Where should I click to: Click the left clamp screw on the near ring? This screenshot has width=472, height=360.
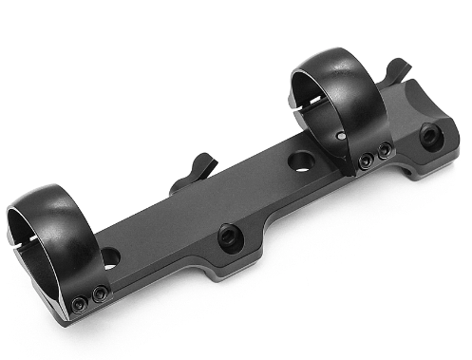(x=81, y=302)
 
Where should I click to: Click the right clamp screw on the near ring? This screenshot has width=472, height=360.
(x=99, y=294)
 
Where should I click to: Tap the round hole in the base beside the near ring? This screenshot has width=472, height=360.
(x=111, y=256)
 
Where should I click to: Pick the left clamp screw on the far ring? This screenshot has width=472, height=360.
(x=366, y=162)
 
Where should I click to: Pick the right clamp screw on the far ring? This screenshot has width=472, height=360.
(x=384, y=151)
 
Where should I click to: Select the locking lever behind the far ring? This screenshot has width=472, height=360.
(x=399, y=69)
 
